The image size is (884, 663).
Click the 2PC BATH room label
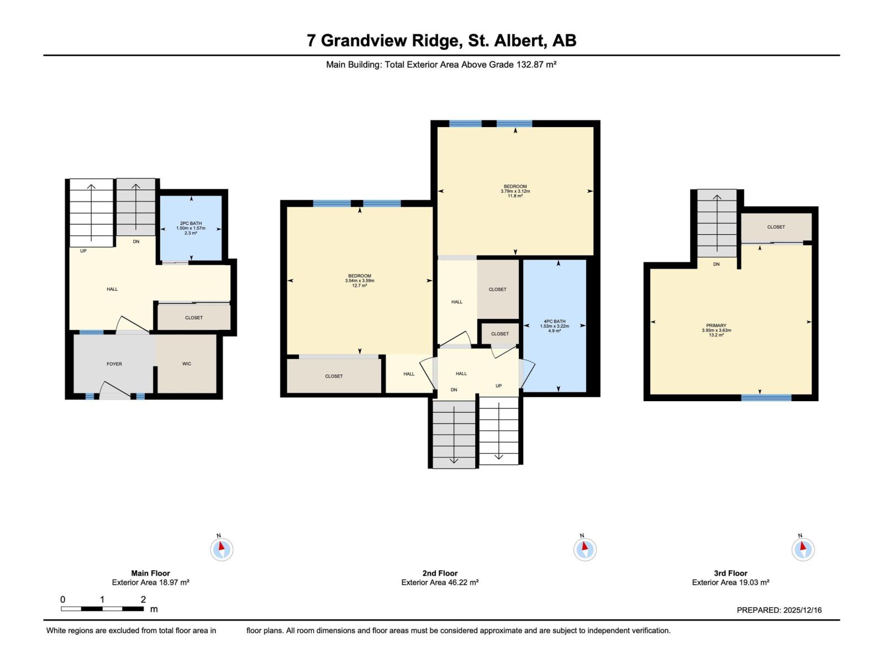(x=191, y=223)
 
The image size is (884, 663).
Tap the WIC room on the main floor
(x=187, y=364)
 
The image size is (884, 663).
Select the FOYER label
(x=114, y=364)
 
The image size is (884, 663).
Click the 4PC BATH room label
(x=554, y=321)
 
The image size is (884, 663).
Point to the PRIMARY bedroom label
(x=716, y=325)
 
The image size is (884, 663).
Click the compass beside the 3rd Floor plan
(x=803, y=549)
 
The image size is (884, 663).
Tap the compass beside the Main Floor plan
(x=222, y=549)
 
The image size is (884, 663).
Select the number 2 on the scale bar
(x=143, y=599)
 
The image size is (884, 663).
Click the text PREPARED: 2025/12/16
(x=779, y=610)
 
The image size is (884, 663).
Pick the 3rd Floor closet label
(x=776, y=227)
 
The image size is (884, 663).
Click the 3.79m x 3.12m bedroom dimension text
(x=515, y=191)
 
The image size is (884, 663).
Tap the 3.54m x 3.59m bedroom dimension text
(x=360, y=281)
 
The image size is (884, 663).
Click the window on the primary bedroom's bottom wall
(x=766, y=397)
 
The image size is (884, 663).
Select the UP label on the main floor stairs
(x=83, y=251)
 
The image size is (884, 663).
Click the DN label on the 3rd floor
(x=716, y=264)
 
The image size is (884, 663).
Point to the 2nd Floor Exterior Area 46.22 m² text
(x=440, y=582)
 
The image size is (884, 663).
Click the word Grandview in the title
(x=390, y=40)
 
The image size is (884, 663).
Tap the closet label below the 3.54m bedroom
(x=334, y=376)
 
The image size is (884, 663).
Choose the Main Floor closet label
(x=194, y=318)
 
